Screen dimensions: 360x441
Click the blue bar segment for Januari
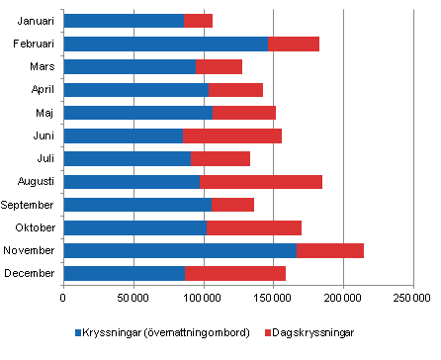124,21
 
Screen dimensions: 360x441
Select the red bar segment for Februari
294,44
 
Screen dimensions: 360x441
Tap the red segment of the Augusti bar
260,182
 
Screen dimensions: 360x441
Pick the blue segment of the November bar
180,250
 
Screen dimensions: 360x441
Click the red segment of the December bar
235,273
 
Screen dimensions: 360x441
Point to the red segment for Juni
232,135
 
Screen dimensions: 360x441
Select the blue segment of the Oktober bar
134,227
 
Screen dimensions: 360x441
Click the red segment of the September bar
232,205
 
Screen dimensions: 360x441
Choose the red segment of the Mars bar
219,66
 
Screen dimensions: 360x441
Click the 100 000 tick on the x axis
204,297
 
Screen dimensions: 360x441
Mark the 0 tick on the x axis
63,297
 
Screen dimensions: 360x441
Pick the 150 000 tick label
273,297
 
